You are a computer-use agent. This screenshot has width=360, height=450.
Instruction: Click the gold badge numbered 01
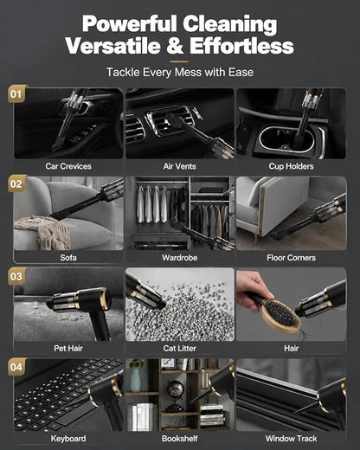(16, 93)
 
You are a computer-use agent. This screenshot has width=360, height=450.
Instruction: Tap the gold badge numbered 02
(16, 183)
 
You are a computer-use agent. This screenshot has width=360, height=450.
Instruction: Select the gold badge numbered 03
(16, 276)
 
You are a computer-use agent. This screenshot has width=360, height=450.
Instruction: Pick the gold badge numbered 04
(16, 367)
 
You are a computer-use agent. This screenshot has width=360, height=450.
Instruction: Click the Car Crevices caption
(68, 166)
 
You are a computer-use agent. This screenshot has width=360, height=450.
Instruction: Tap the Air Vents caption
(179, 166)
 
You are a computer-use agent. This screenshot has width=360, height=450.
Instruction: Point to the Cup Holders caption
(291, 166)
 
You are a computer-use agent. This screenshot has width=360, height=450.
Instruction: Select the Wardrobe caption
(179, 258)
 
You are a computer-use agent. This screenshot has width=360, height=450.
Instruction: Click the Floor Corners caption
(291, 258)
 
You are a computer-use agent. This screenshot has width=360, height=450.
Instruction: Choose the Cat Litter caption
(179, 348)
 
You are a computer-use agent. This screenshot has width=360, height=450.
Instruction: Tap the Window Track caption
(291, 439)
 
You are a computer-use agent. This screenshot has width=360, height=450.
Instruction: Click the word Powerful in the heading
(129, 24)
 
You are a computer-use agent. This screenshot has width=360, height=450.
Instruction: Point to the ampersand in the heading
(175, 46)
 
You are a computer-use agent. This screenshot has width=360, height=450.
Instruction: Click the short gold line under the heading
(179, 61)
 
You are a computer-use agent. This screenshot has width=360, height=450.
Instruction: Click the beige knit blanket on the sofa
(43, 232)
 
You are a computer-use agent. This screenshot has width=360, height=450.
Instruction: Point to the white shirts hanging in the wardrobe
(151, 204)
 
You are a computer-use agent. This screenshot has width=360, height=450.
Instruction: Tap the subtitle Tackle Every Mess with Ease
(180, 72)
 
